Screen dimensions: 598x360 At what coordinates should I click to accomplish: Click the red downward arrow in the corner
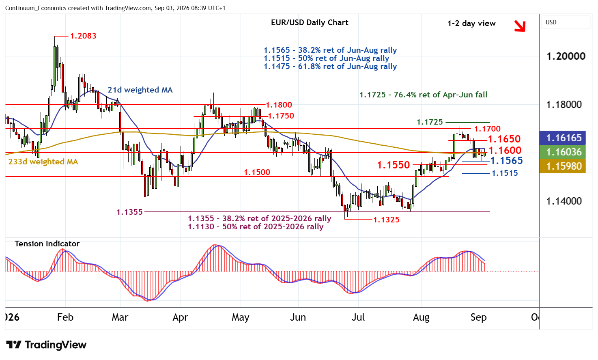[520, 26]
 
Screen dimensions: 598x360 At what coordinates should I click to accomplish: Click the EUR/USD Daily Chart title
[310, 22]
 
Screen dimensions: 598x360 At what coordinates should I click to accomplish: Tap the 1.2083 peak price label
[83, 36]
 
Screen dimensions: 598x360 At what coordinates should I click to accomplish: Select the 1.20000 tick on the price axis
[566, 56]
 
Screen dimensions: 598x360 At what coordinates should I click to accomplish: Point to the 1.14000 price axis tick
[564, 201]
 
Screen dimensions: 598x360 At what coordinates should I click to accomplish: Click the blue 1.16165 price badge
[562, 138]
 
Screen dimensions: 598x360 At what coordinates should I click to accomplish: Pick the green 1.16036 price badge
[562, 152]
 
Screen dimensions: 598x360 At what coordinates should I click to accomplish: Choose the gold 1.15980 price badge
[562, 166]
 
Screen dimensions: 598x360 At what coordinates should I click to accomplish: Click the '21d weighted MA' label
[140, 90]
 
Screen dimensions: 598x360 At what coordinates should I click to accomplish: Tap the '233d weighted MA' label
[43, 162]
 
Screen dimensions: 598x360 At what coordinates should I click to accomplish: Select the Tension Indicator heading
[47, 244]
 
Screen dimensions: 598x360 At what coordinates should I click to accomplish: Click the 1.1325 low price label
[386, 220]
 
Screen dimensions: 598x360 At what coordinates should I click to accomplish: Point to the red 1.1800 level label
[279, 105]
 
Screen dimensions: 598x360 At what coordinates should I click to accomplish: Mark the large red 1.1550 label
[393, 165]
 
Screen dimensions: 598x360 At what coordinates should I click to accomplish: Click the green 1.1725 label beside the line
[430, 122]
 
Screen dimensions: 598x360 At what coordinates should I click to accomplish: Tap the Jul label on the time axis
[358, 317]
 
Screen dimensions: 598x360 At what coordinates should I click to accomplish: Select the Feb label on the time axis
[65, 317]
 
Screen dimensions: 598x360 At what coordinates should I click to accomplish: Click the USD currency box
[566, 22]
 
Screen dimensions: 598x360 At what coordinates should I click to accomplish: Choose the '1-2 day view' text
[471, 24]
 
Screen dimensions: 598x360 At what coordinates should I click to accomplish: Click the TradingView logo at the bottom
[46, 345]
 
